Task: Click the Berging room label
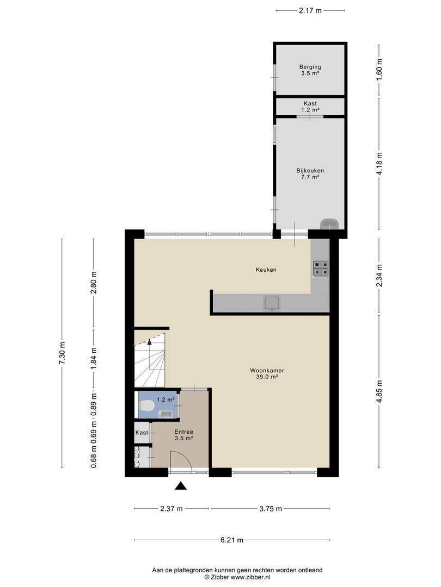point(310,67)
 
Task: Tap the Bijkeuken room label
point(310,171)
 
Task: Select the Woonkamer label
point(267,371)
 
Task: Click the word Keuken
point(266,270)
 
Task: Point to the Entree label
point(184,432)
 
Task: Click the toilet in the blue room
point(146,407)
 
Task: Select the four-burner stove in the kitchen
point(321,269)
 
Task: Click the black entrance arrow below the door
point(181,486)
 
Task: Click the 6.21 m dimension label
point(232,540)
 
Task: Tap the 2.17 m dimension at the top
point(310,10)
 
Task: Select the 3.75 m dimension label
point(271,508)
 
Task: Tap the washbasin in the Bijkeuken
point(329,224)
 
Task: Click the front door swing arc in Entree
point(186,457)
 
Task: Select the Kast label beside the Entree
point(142,433)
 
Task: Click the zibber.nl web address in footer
point(250,577)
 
